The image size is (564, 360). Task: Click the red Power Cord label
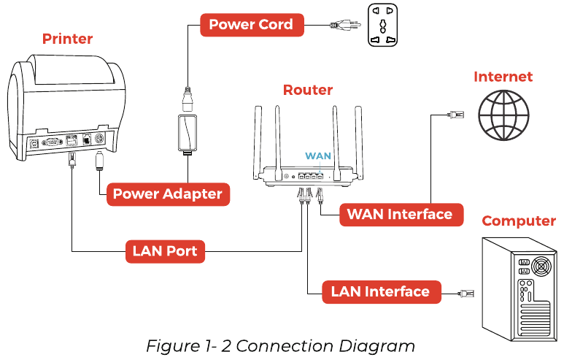(250, 25)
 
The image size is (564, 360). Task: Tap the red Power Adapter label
(167, 194)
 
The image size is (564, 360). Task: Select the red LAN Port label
(165, 251)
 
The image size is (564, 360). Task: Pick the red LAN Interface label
(380, 291)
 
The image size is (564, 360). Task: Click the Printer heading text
(67, 38)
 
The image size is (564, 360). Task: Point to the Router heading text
(307, 90)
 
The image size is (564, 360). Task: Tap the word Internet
(503, 77)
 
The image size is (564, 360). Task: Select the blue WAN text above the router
(318, 156)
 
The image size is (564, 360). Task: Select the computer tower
(517, 284)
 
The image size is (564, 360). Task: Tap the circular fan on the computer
(541, 266)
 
